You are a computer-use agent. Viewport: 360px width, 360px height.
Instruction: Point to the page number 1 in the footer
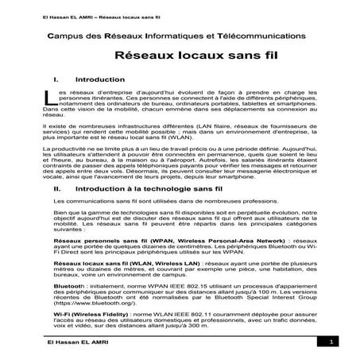(327, 343)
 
